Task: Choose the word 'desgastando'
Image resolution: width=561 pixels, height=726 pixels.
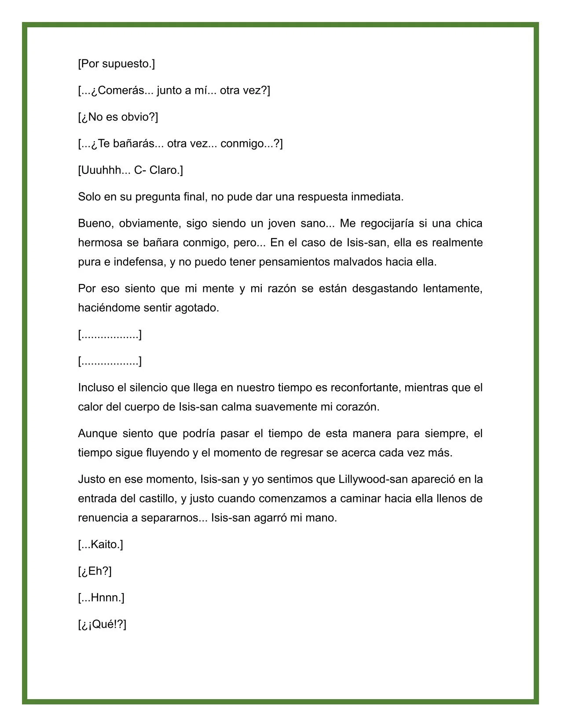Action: (385, 288)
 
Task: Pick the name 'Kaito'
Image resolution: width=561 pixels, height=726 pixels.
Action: (105, 545)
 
